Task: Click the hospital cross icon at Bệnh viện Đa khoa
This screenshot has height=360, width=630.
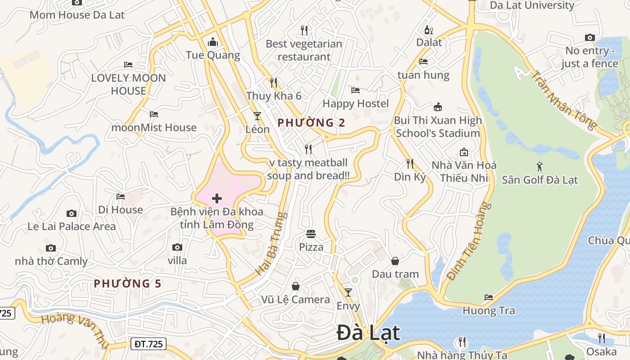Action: [217, 198]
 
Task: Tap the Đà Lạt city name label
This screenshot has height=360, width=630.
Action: [368, 333]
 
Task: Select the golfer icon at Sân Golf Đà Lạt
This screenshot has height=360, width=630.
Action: [540, 166]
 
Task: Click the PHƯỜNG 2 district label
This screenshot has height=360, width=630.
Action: [311, 122]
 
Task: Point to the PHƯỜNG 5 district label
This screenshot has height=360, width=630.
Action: [127, 283]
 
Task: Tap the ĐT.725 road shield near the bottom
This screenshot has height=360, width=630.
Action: [149, 344]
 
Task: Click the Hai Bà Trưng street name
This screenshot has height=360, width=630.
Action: [271, 243]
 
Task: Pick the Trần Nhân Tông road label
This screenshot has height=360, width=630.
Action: [563, 99]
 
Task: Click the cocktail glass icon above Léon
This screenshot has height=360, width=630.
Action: [257, 116]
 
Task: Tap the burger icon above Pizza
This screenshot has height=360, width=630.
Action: [311, 234]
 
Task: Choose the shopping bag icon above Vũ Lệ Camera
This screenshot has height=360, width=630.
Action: [296, 286]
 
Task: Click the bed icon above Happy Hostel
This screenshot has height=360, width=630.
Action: [355, 90]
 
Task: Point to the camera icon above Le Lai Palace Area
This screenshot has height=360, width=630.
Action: [71, 213]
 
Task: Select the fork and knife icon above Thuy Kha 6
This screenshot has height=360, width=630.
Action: [274, 82]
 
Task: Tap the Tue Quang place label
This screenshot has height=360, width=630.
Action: [213, 55]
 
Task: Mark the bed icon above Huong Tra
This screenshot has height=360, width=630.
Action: [488, 297]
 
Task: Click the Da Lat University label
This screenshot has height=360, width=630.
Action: [532, 5]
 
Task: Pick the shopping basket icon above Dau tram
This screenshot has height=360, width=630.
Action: [395, 261]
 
